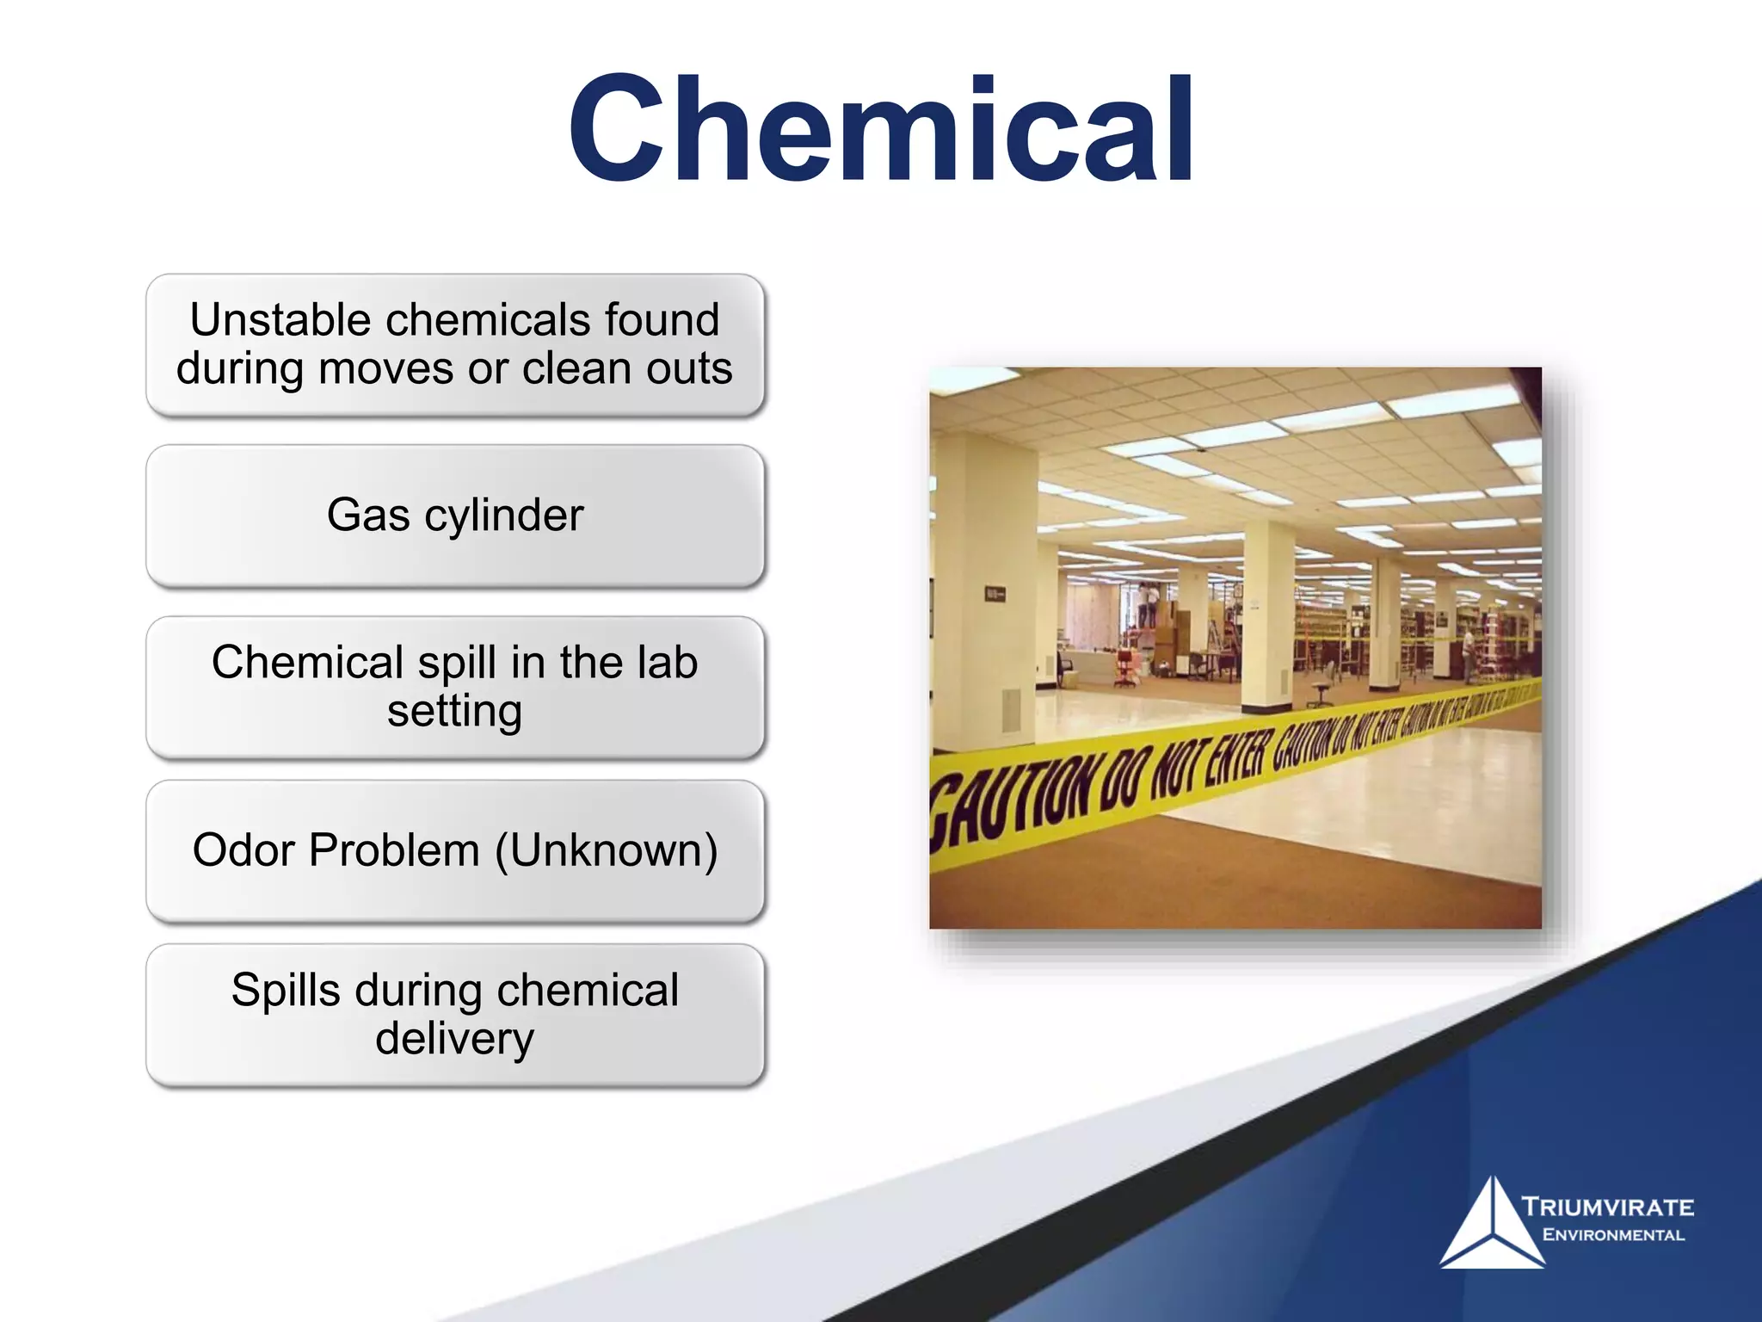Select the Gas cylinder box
point(455,516)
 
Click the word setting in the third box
point(454,712)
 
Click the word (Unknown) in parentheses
point(606,850)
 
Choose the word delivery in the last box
point(454,1039)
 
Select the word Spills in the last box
point(286,991)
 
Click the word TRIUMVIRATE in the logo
point(1607,1207)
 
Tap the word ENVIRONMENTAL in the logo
point(1613,1235)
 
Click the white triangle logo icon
point(1491,1226)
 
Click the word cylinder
point(504,516)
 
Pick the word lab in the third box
point(667,663)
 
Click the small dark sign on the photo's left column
point(995,594)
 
